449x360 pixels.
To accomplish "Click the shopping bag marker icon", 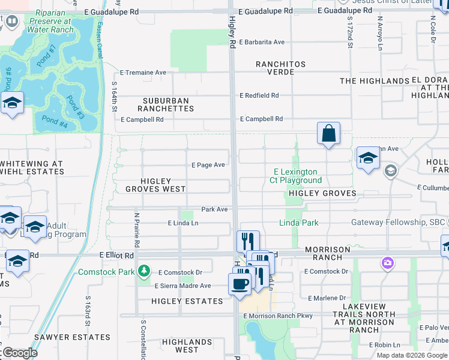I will pyautogui.click(x=328, y=133).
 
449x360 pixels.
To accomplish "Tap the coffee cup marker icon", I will pyautogui.click(x=240, y=283).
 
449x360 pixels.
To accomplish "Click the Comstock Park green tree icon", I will pyautogui.click(x=143, y=272).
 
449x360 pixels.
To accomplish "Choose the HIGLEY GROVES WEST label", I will pyautogui.click(x=156, y=185).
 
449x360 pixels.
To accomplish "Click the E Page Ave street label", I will pyautogui.click(x=208, y=165).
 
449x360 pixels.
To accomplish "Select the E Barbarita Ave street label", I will pyautogui.click(x=262, y=43).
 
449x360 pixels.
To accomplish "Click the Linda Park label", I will pyautogui.click(x=298, y=223).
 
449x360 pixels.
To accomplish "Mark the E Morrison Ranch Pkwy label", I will pyautogui.click(x=276, y=316).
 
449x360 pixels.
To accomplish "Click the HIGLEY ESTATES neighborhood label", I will pyautogui.click(x=187, y=301).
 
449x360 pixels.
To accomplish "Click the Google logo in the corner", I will pyautogui.click(x=20, y=353).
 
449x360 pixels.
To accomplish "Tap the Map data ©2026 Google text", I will pyautogui.click(x=412, y=355).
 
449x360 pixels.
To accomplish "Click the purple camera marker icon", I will pyautogui.click(x=387, y=263).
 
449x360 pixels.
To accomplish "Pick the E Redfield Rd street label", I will pyautogui.click(x=259, y=95).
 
